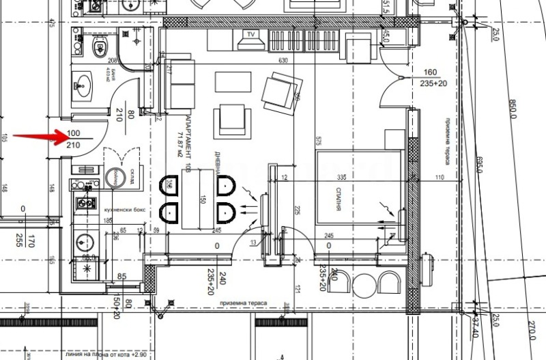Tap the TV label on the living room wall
(x=250, y=33)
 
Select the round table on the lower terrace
(x=362, y=283)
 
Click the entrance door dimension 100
(x=73, y=133)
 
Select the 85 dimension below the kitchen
(x=121, y=277)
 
